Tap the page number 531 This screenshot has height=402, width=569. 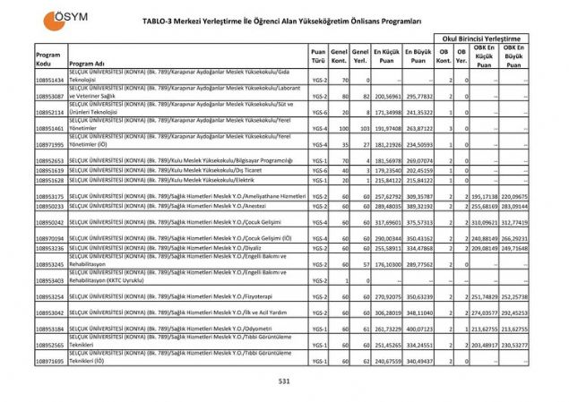tap(285, 381)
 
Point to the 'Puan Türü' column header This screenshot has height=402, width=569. tap(318, 56)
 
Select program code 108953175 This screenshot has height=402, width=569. tap(50, 195)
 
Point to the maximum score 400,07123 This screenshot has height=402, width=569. tap(418, 329)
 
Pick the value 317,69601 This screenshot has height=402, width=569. tap(389, 222)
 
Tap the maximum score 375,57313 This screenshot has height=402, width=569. tap(418, 222)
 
